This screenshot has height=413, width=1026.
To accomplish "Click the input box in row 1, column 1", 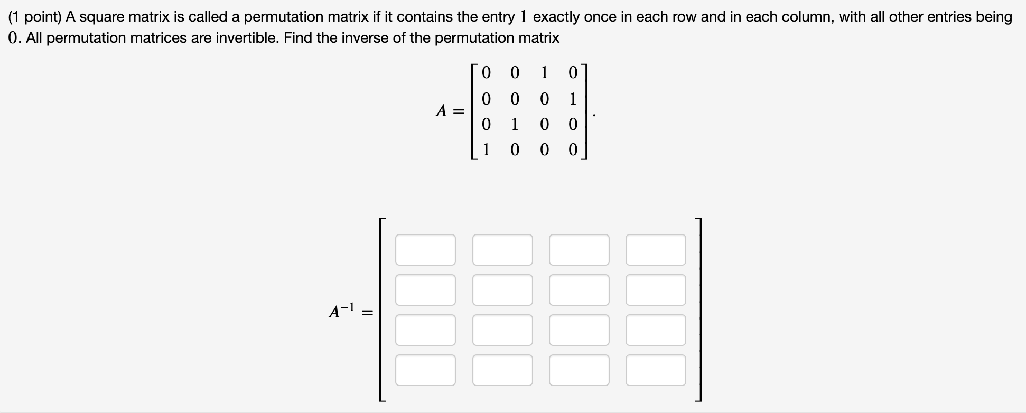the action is tap(425, 250).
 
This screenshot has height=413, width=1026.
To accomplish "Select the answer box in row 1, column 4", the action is tap(656, 250).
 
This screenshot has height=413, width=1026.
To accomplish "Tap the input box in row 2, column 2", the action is tap(502, 290).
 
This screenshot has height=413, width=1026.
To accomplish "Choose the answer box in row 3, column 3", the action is tap(579, 330).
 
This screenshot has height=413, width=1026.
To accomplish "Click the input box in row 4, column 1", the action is tap(425, 370).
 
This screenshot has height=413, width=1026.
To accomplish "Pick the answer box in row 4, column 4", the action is tap(656, 370).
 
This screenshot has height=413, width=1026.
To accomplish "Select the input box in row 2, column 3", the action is tap(579, 290).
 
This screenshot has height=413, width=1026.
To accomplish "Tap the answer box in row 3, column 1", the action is tap(425, 330).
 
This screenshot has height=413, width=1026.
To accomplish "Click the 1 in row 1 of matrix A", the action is tap(544, 72).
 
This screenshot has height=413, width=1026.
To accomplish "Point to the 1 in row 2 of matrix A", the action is tap(573, 99).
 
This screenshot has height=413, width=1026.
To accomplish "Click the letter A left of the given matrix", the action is tap(441, 111).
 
